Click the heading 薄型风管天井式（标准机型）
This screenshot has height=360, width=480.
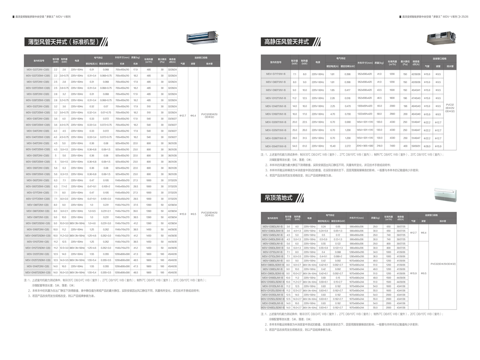(63, 42)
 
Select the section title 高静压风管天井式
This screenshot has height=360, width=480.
(286, 42)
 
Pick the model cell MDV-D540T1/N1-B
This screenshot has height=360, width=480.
(274, 146)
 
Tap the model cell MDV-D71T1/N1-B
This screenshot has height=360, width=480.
(274, 74)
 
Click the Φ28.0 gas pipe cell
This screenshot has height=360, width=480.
(427, 146)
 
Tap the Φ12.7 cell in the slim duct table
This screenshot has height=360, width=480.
(183, 115)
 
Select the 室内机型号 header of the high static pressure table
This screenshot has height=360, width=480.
(274, 61)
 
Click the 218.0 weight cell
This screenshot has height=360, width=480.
(379, 146)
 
